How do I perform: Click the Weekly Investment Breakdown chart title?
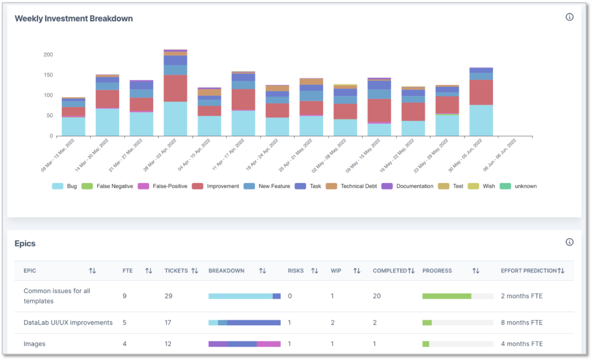coord(73,18)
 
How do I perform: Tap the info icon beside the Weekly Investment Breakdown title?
coord(569,17)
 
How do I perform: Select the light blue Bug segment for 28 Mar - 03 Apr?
coord(175,118)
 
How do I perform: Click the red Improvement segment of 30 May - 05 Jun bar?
coord(481,92)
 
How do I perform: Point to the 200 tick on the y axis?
coord(48,55)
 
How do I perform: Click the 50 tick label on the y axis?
coord(50,116)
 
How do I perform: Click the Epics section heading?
coord(25,243)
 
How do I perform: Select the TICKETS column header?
coord(176,270)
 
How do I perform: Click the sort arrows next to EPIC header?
coord(92,270)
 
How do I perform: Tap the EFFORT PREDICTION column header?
coord(528,270)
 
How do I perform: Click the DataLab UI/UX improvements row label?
coord(68,322)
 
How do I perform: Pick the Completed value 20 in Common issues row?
coord(377,296)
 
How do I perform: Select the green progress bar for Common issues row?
coord(446,296)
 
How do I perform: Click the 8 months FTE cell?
coord(521,322)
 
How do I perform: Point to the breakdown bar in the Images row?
coord(244,344)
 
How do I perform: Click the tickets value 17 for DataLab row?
coord(168,322)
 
